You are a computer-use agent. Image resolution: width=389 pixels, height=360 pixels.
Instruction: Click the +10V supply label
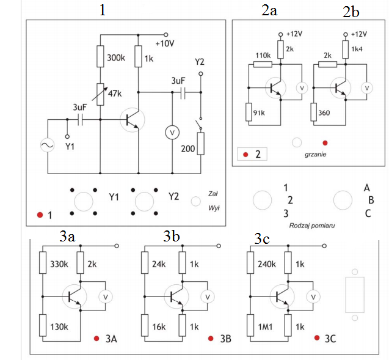tap(165, 43)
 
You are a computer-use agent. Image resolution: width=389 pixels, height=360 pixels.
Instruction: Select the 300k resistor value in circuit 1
tap(116, 58)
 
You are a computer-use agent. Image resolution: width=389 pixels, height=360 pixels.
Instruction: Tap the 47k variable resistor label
tap(115, 94)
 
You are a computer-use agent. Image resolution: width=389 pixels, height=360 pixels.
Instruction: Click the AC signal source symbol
tap(47, 145)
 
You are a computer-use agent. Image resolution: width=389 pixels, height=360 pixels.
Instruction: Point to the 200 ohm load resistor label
tap(188, 149)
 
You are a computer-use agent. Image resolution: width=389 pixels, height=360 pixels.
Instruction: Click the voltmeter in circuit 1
tap(172, 133)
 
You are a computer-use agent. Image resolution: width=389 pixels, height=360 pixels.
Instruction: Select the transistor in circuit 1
tap(133, 120)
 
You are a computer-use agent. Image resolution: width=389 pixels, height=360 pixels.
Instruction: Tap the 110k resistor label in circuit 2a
tap(263, 56)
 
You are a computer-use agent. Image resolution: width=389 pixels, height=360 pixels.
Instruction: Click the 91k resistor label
tap(259, 113)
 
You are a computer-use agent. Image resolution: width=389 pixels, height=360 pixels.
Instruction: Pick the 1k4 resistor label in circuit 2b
tap(357, 49)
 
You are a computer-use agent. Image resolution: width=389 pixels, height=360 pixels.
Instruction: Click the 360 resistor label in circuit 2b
tap(324, 113)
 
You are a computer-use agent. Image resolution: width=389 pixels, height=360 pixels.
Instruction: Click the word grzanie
tap(315, 155)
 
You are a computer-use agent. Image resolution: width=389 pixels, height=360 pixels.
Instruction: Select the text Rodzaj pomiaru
tap(312, 226)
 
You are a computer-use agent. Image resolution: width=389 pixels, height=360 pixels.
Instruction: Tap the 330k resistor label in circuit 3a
tap(59, 264)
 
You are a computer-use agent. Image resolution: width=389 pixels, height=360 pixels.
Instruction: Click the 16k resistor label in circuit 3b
tap(159, 327)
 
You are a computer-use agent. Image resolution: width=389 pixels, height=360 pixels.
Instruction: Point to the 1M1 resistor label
tap(265, 327)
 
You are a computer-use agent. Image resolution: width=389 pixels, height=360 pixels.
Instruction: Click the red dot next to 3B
tap(211, 339)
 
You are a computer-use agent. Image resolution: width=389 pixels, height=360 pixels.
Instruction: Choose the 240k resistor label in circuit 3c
tap(267, 264)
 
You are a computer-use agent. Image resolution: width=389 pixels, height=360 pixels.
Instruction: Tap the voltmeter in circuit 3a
tap(106, 296)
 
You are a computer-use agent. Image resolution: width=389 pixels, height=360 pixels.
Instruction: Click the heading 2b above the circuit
tap(351, 12)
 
